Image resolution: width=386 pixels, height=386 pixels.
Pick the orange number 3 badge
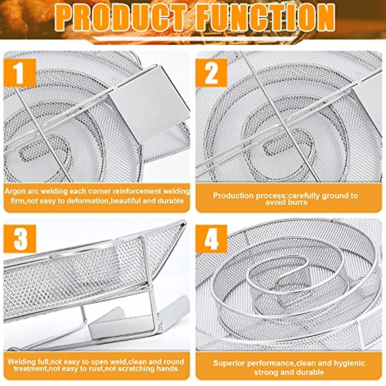pyautogui.click(x=20, y=239)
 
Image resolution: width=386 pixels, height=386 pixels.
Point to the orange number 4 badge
pyautogui.click(x=211, y=239)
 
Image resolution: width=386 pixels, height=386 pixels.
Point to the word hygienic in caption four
pyautogui.click(x=349, y=363)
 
